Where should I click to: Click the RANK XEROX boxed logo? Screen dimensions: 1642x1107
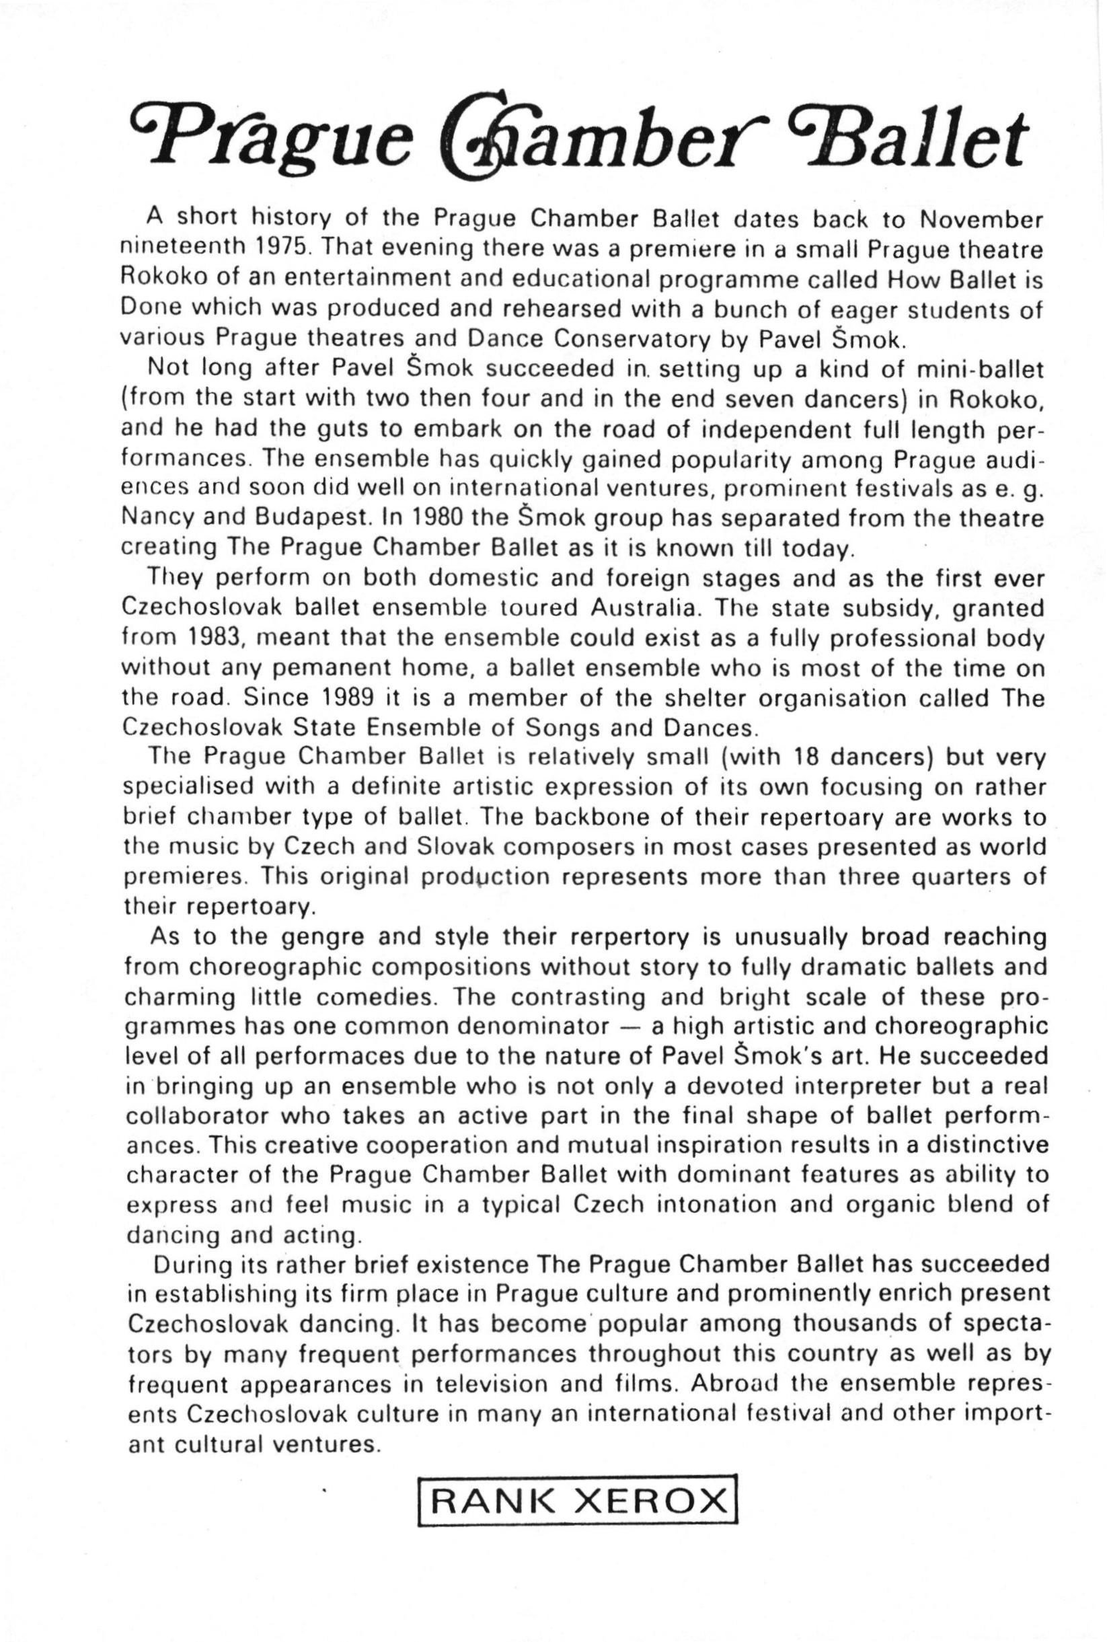(x=578, y=1512)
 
